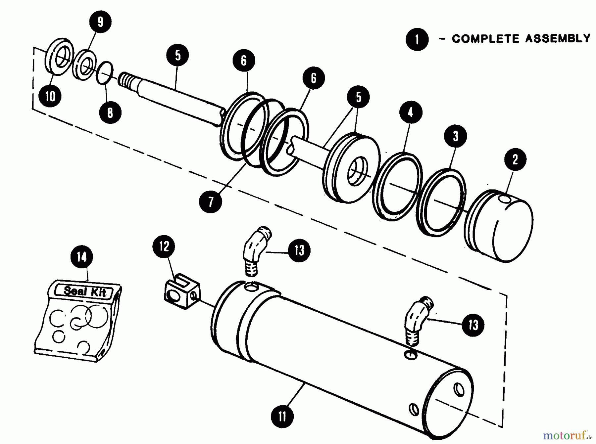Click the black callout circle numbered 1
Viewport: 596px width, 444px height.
click(x=417, y=39)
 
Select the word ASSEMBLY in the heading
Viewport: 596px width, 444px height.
click(x=558, y=39)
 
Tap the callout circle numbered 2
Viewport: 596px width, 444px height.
click(x=515, y=159)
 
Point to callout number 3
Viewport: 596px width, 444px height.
click(x=455, y=136)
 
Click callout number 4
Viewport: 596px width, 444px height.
click(x=411, y=112)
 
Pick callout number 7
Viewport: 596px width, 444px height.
click(x=211, y=201)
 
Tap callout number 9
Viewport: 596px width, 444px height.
click(x=100, y=22)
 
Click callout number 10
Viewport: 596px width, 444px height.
click(x=50, y=96)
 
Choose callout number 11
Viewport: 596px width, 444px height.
click(x=282, y=416)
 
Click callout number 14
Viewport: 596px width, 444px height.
click(x=82, y=257)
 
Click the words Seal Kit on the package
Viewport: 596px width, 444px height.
click(x=85, y=291)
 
